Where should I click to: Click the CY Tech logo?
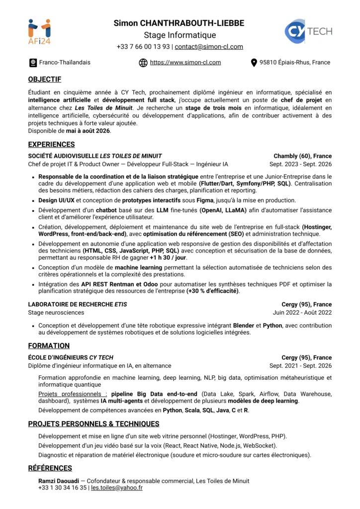[x=308, y=31]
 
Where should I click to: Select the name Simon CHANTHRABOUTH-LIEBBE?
[x=180, y=23]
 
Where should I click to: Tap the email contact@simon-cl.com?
[x=209, y=47]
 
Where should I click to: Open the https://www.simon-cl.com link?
[x=185, y=63]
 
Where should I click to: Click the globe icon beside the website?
[x=143, y=63]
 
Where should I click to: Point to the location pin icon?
[x=254, y=63]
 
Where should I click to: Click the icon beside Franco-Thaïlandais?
[x=33, y=63]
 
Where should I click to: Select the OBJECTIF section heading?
[x=45, y=80]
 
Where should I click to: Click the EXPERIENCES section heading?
[x=51, y=145]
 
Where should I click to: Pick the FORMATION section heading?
[x=49, y=346]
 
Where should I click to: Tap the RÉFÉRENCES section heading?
[x=50, y=468]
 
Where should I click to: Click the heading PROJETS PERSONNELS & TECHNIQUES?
[x=93, y=424]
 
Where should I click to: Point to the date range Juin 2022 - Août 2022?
[x=302, y=313]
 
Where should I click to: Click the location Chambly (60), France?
[x=302, y=156]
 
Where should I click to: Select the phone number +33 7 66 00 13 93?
[x=143, y=47]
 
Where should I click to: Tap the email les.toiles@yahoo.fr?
[x=116, y=488]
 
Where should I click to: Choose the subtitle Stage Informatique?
[x=180, y=35]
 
